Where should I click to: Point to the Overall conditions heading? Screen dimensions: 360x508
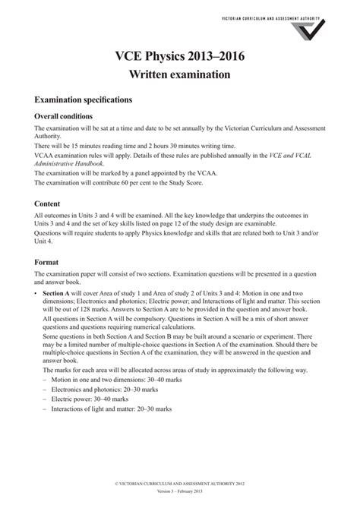(64, 116)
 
